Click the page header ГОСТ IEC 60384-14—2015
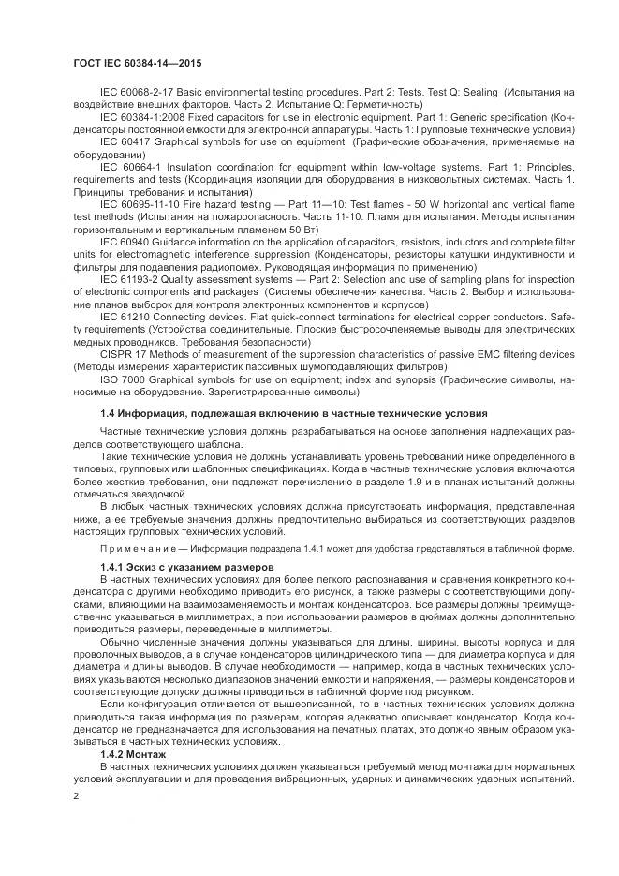tap(138, 63)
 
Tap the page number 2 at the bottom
tap(76, 796)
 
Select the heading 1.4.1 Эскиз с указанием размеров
tap(186, 568)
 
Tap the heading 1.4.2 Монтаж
tap(133, 753)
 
